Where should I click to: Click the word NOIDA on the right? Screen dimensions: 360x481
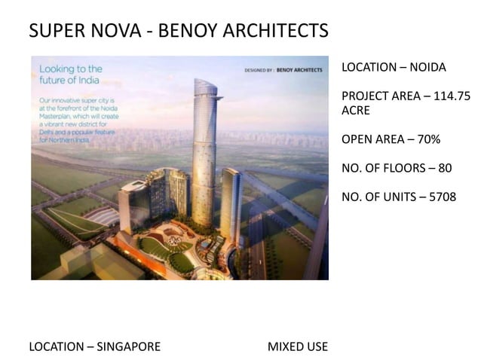pos(426,68)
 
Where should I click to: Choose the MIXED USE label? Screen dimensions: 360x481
pos(298,347)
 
